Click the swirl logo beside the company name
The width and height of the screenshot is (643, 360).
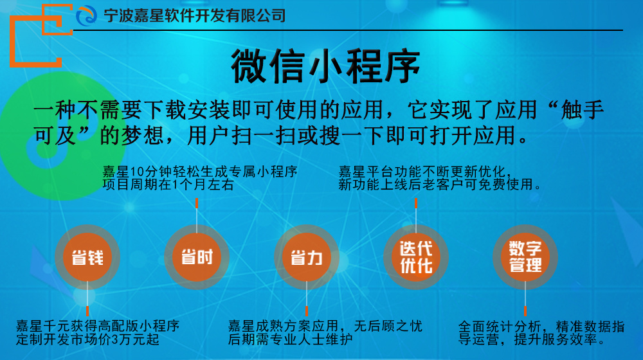[x=87, y=15]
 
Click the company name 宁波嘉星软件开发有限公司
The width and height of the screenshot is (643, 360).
[x=195, y=15]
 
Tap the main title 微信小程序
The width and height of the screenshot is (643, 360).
[x=325, y=66]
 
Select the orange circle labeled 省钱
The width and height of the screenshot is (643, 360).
[x=87, y=257]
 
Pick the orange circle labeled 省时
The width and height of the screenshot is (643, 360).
[x=197, y=257]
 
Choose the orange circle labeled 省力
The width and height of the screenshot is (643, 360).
[x=306, y=257]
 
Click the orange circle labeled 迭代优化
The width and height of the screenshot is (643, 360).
[x=416, y=257]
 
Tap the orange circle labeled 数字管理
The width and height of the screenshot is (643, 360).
[x=525, y=257]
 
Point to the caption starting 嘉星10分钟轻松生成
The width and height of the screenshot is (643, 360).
[x=200, y=178]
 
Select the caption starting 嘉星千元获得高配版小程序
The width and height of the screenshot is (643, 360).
[x=98, y=332]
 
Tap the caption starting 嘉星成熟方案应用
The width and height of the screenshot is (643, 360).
[x=325, y=332]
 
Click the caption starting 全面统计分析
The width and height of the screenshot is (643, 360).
[x=541, y=332]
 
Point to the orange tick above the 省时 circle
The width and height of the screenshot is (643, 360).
[x=197, y=203]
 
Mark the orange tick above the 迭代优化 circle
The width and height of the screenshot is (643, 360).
[x=416, y=203]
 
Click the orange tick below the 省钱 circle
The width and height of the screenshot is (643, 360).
[x=87, y=310]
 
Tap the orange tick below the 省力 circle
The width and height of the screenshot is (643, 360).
[x=306, y=310]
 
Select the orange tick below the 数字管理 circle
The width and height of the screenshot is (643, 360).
[x=525, y=310]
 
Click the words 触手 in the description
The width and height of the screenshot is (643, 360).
[x=583, y=110]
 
